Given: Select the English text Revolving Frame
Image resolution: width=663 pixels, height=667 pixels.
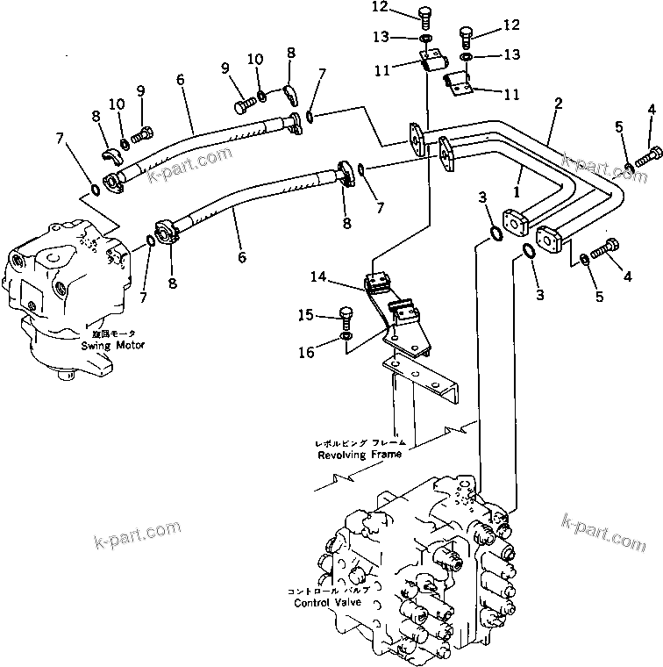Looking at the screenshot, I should [360, 455].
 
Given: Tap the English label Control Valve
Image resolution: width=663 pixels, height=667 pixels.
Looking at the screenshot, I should [325, 603].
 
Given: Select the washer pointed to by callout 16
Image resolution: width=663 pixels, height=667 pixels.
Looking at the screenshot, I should [348, 336].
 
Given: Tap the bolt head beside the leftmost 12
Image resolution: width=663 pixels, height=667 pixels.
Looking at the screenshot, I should [425, 16].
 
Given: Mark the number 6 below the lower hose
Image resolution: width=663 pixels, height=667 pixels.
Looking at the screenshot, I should [241, 257].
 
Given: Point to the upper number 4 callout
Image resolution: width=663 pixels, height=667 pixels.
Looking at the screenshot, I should [650, 110].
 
